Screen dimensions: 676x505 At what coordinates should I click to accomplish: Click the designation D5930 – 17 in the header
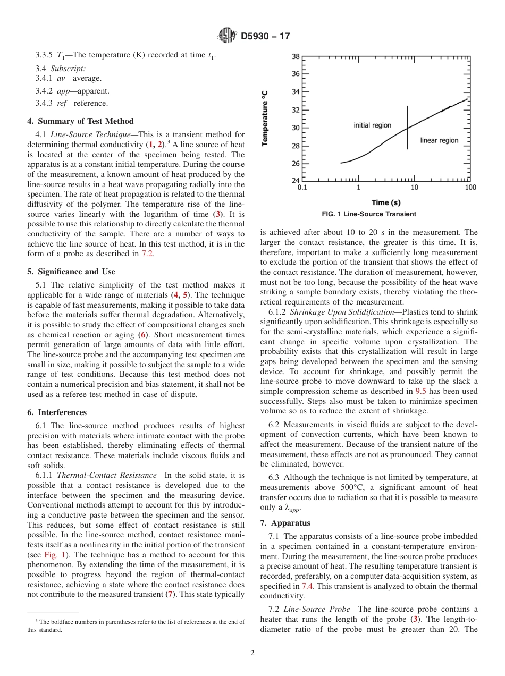(x=265, y=37)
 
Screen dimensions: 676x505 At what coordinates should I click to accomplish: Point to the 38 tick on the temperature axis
(x=296, y=56)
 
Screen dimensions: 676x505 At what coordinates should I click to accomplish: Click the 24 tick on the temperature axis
(x=296, y=181)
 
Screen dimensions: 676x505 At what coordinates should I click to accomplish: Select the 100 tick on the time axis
(x=470, y=188)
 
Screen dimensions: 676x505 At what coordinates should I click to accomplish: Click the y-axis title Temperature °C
(x=265, y=118)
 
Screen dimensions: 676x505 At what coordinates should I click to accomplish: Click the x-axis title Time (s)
(x=386, y=202)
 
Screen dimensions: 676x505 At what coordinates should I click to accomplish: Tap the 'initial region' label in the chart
(x=372, y=125)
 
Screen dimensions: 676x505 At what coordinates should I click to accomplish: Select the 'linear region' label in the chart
(x=439, y=140)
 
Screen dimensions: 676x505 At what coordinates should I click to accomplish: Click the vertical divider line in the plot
(x=408, y=128)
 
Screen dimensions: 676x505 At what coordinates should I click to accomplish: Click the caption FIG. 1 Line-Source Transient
(x=369, y=214)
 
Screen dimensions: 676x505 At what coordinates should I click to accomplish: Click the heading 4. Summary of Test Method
(x=80, y=121)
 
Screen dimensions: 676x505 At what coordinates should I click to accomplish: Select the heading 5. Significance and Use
(x=71, y=272)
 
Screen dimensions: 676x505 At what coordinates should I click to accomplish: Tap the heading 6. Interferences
(x=57, y=412)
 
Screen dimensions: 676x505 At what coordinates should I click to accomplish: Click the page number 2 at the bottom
(x=252, y=653)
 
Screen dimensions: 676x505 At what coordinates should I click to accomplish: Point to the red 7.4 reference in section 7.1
(x=308, y=586)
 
